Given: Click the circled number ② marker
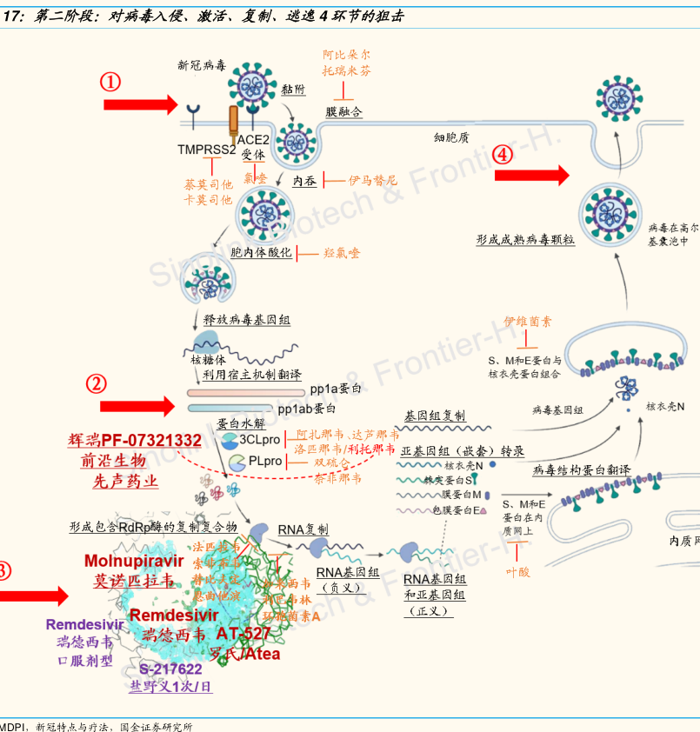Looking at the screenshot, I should [x=97, y=383].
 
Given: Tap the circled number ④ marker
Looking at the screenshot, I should [x=503, y=155].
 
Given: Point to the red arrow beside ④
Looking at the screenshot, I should [x=531, y=176].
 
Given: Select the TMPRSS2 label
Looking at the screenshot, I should [x=207, y=150].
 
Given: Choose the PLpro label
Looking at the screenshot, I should [x=265, y=461].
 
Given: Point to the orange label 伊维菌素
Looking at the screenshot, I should [x=528, y=321].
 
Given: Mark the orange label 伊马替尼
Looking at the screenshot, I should [x=372, y=180].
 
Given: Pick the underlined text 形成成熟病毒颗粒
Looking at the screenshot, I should [x=525, y=238].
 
